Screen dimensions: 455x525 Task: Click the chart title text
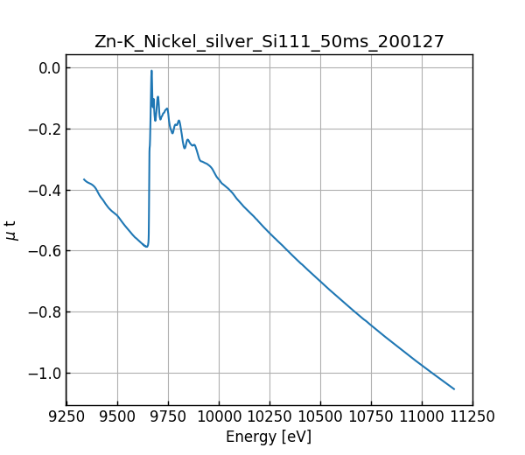[269, 41]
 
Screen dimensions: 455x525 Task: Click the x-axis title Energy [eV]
[269, 437]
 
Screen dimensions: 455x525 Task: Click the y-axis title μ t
[11, 230]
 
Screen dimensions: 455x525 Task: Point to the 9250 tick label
[66, 416]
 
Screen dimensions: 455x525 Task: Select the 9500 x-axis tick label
[117, 416]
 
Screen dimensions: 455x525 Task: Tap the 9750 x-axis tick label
[168, 416]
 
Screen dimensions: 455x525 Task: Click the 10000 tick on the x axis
[219, 416]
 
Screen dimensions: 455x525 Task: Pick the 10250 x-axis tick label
[269, 416]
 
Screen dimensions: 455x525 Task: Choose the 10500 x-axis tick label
[320, 416]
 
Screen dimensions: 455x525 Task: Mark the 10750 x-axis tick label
[371, 416]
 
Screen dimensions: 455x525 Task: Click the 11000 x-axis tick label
[422, 416]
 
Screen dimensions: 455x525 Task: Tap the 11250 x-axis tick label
[472, 416]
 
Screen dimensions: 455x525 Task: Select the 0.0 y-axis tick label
[50, 68]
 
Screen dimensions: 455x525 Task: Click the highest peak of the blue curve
[151, 71]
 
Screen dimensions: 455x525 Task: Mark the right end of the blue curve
[454, 388]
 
